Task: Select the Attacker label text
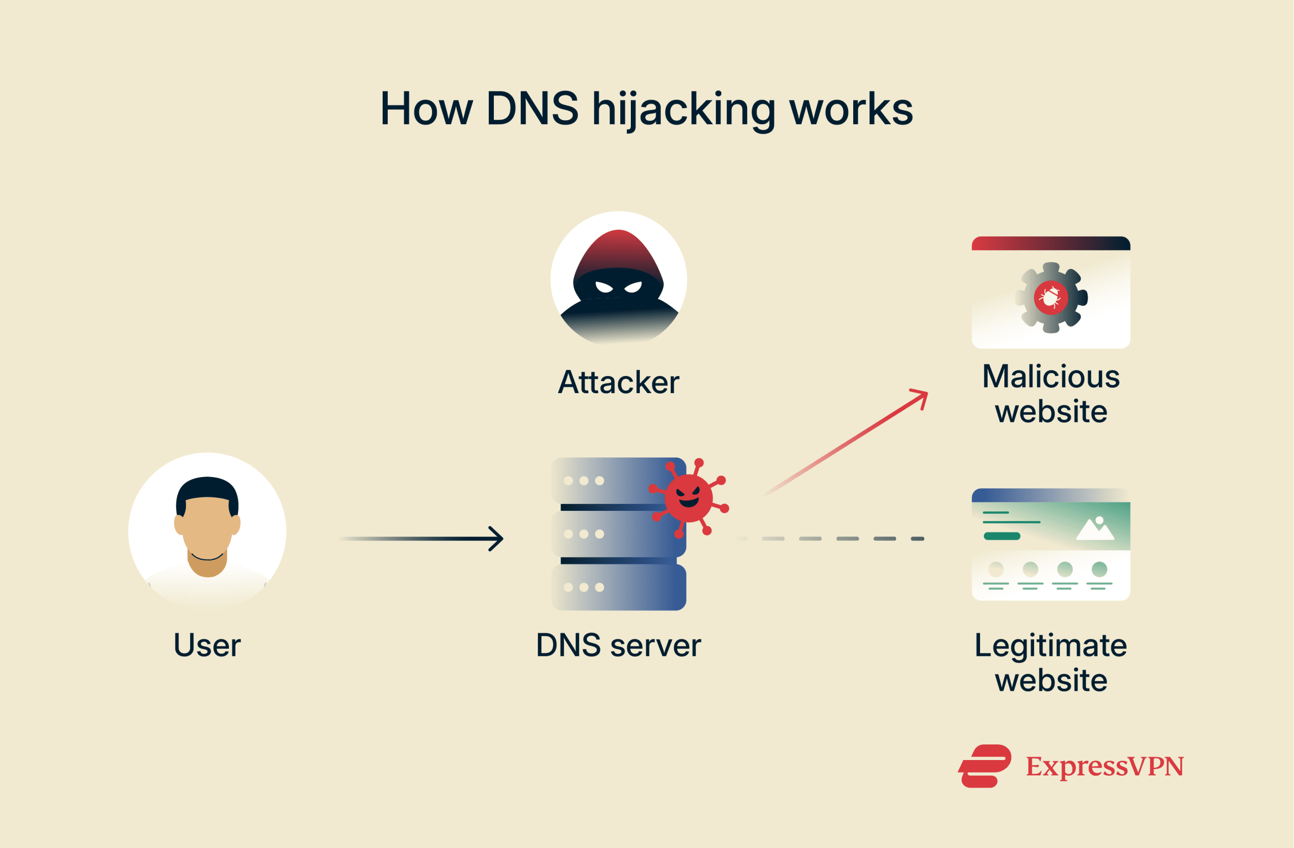pyautogui.click(x=618, y=382)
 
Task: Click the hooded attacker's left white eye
pyautogui.click(x=604, y=287)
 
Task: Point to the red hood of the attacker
pyautogui.click(x=618, y=250)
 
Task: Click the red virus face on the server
pyautogui.click(x=688, y=497)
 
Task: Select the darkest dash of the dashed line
pyautogui.click(x=918, y=539)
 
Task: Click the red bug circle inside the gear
pyautogui.click(x=1050, y=297)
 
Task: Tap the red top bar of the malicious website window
pyautogui.click(x=1050, y=243)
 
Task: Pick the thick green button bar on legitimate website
pyautogui.click(x=1001, y=537)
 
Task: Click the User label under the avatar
pyautogui.click(x=207, y=645)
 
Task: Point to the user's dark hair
pyautogui.click(x=207, y=487)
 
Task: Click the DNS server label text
pyautogui.click(x=618, y=645)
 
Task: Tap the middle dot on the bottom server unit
pyautogui.click(x=583, y=587)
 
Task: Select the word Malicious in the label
pyautogui.click(x=1050, y=376)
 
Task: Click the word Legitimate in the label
pyautogui.click(x=1050, y=646)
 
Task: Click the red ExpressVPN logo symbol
pyautogui.click(x=984, y=766)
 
